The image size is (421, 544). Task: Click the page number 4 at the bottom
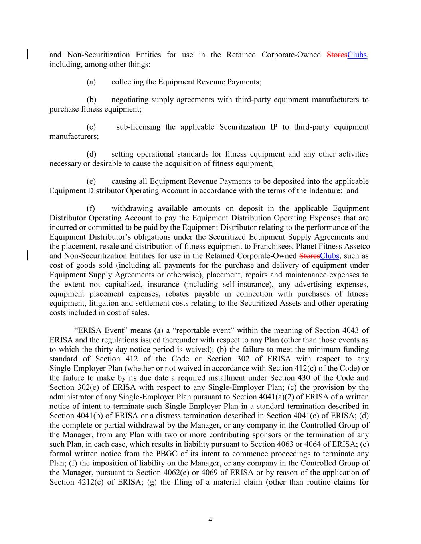click(x=210, y=520)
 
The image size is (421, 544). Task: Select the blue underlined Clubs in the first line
click(x=357, y=55)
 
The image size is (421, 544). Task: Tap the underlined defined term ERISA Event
click(x=101, y=330)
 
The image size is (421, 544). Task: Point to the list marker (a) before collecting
click(x=91, y=82)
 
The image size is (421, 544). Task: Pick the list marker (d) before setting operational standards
click(x=91, y=154)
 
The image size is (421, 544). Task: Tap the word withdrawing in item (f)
click(x=132, y=208)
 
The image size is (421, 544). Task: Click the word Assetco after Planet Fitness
click(x=356, y=247)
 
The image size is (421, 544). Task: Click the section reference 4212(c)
click(x=88, y=482)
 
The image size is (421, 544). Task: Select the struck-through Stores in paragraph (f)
click(x=309, y=256)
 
